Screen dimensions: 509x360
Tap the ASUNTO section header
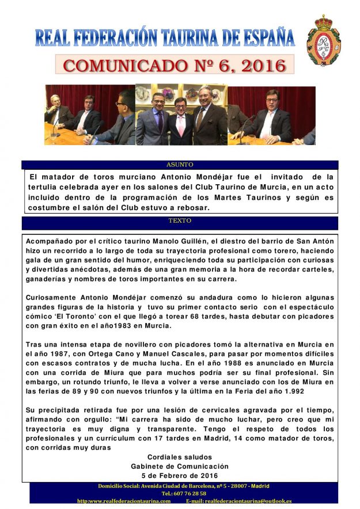point(180,164)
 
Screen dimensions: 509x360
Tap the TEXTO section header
point(180,221)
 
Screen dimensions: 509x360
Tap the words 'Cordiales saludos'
point(180,457)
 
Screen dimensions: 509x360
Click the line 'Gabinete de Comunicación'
point(180,466)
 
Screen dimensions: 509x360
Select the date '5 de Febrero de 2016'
point(180,476)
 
